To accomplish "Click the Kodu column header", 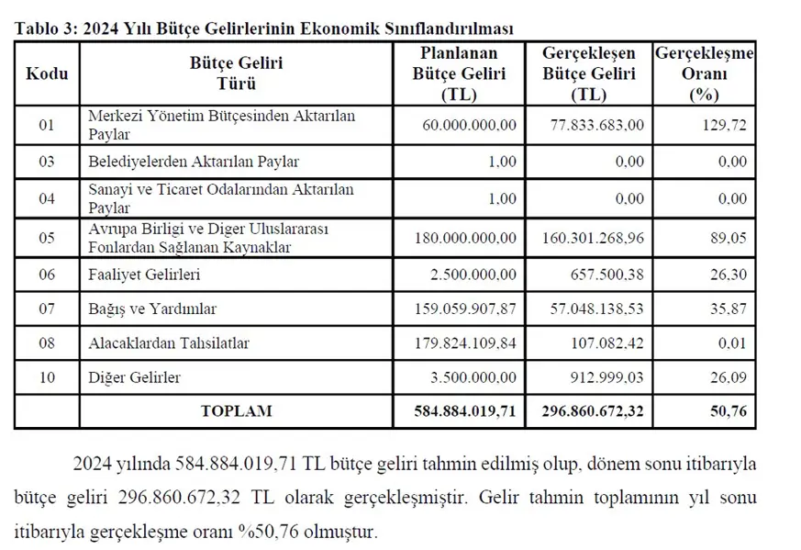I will coord(47,73).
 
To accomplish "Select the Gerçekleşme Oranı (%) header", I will coord(704,73).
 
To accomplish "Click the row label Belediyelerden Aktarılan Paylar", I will coord(194,162).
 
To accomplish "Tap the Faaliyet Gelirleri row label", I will coord(144,275).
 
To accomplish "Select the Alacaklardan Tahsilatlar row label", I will coord(169,343).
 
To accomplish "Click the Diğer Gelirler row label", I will coord(134,377).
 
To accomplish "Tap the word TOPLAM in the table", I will coord(236,411).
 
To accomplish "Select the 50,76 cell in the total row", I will coord(731,411).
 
